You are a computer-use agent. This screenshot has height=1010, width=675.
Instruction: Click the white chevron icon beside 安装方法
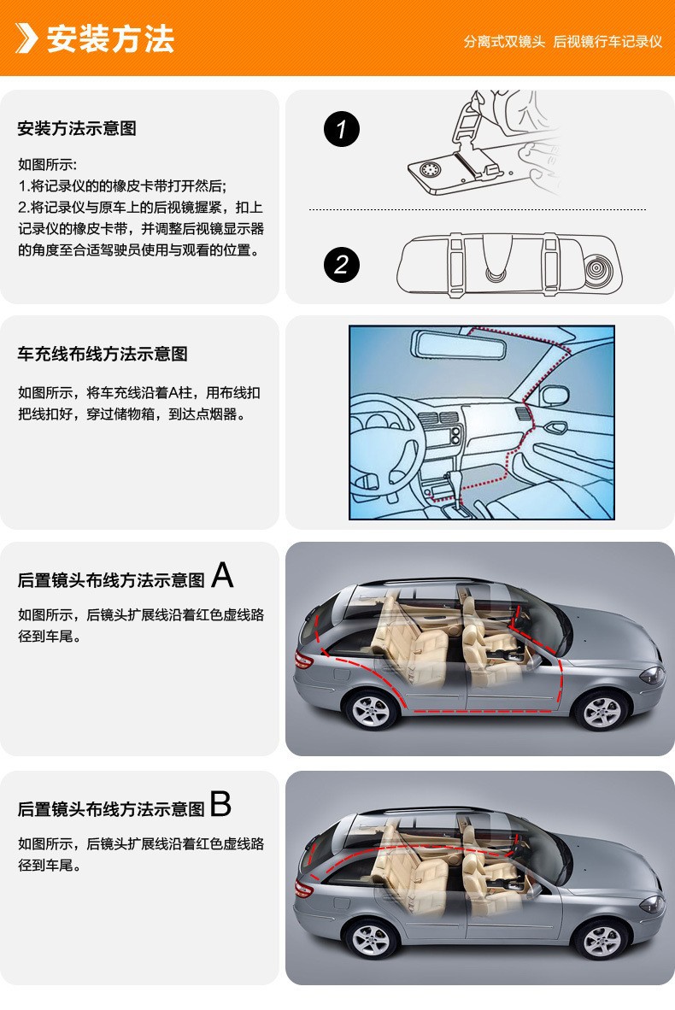(26, 38)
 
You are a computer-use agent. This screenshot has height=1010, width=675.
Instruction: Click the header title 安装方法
(111, 38)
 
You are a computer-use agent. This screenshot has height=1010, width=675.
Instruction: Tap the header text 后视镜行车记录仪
(607, 42)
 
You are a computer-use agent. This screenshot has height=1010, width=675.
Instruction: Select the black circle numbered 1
(342, 129)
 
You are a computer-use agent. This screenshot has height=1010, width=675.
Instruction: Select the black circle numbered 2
(342, 264)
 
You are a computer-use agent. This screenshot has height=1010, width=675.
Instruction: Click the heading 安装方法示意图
(77, 128)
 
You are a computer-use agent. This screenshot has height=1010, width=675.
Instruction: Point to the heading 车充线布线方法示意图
(103, 354)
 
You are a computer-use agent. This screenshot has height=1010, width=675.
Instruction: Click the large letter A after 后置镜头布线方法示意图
(222, 574)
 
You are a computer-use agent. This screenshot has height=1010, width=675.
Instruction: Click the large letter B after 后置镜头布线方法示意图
(221, 803)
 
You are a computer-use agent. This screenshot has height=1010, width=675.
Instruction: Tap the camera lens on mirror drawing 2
(597, 267)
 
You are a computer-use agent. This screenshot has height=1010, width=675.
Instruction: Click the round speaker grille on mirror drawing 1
(430, 169)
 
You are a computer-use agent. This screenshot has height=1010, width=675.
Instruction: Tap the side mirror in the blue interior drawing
(554, 396)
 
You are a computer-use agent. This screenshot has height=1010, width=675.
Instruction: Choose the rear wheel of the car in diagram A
(372, 710)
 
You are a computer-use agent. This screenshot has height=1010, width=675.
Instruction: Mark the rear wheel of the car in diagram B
(372, 939)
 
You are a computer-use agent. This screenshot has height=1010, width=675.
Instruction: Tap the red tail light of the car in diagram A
(303, 660)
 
